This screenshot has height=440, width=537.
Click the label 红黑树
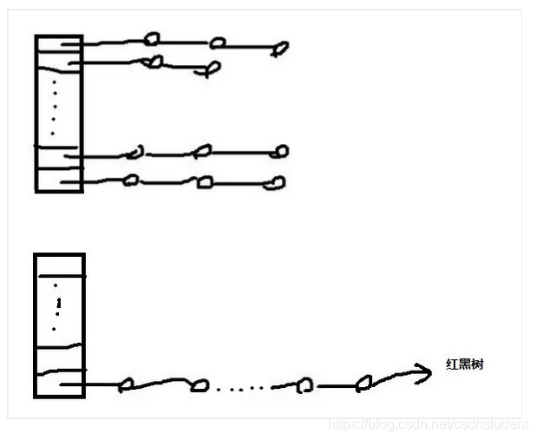(464, 364)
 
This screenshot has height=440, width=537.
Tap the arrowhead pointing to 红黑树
(424, 373)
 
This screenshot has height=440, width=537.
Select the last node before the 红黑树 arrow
(365, 381)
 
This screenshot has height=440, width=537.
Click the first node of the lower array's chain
(126, 384)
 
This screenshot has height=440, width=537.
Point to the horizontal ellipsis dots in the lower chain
(243, 386)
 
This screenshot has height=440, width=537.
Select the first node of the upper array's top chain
(152, 39)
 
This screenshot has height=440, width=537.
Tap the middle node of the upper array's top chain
(219, 42)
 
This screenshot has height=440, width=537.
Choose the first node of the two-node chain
(154, 62)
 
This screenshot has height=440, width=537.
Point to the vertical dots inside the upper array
(53, 108)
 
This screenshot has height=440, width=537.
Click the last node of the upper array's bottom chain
(276, 183)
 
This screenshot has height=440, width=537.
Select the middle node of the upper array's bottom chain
(205, 182)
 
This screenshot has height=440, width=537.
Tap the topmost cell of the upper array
(58, 45)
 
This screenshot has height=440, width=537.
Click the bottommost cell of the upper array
(58, 181)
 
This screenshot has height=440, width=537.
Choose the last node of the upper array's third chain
(280, 152)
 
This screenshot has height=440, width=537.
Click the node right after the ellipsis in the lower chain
(304, 385)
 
